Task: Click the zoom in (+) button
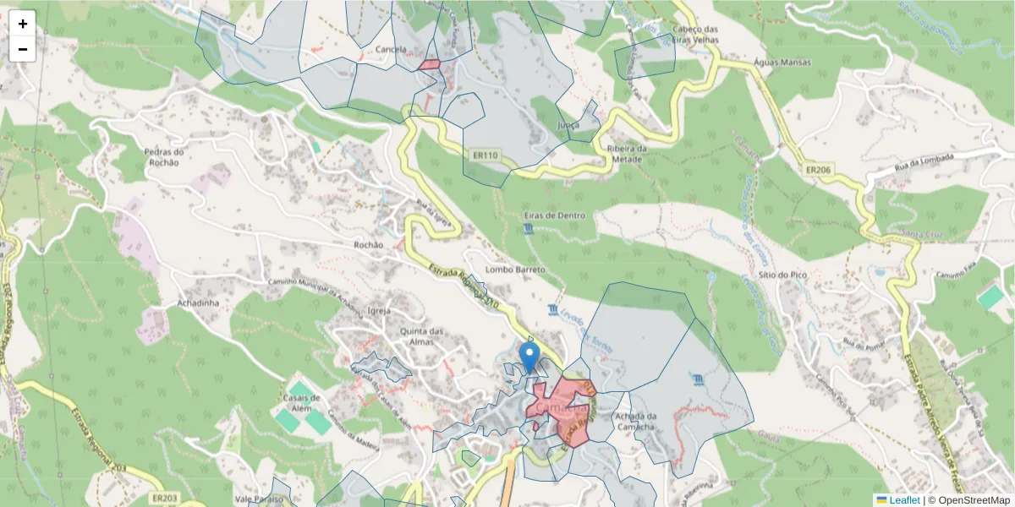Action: (x=23, y=24)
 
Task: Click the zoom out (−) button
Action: (x=23, y=49)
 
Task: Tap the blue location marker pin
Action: (x=529, y=357)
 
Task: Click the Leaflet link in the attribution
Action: (x=904, y=500)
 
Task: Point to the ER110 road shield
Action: (x=486, y=155)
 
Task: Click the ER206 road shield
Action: (x=819, y=169)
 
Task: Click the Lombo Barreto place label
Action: (x=515, y=270)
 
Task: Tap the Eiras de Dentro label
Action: (x=555, y=215)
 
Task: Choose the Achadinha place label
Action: (x=199, y=302)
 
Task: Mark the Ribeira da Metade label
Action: (x=627, y=154)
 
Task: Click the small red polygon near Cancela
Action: (x=430, y=64)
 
